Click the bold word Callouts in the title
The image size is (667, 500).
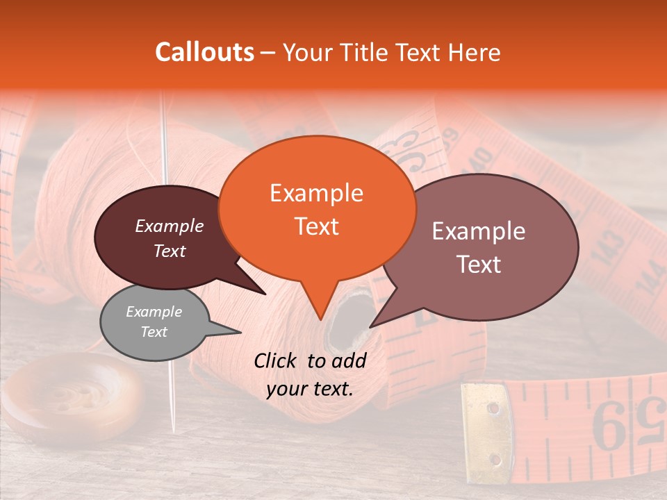point(204,52)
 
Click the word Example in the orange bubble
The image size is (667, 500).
point(316,193)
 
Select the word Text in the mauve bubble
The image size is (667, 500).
point(479,265)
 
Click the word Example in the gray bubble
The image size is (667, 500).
point(154,312)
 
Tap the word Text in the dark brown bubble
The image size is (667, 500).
point(170,251)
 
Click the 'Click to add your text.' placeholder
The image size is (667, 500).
point(310,374)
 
